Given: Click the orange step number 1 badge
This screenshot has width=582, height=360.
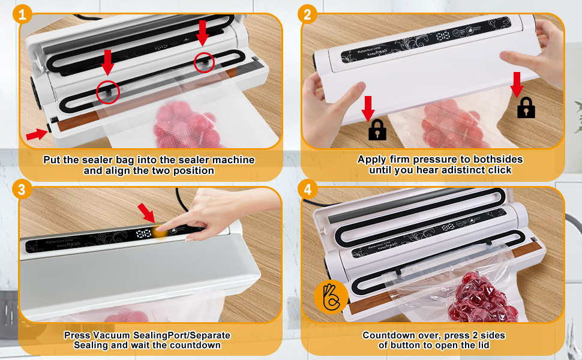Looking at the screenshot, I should tap(22, 13).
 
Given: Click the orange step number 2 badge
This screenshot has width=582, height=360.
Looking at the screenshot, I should tap(307, 13).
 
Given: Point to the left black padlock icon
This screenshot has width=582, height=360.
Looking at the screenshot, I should tap(377, 129).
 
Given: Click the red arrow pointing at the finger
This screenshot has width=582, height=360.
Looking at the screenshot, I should tap(146, 212).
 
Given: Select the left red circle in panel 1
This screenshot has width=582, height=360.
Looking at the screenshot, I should tap(108, 92).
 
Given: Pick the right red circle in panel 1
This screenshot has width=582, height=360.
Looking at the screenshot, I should tap(205, 62).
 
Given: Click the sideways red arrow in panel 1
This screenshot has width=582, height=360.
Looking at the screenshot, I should tap(37, 133).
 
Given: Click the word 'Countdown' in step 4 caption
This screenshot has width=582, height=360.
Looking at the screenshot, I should tap(385, 335).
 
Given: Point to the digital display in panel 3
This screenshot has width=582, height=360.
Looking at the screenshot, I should tap(145, 234).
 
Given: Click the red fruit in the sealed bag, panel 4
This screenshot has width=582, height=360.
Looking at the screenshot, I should tap(478, 297).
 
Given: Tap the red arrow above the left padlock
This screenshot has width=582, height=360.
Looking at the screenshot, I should tap(368, 106).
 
